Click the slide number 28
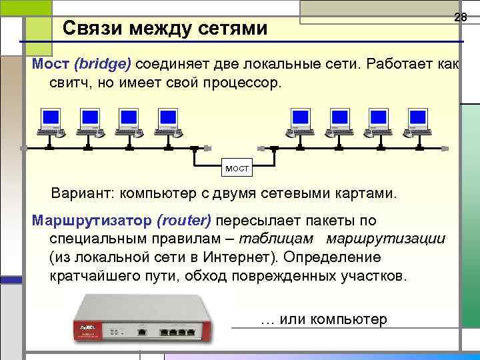(x=460, y=17)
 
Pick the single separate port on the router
(x=142, y=330)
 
